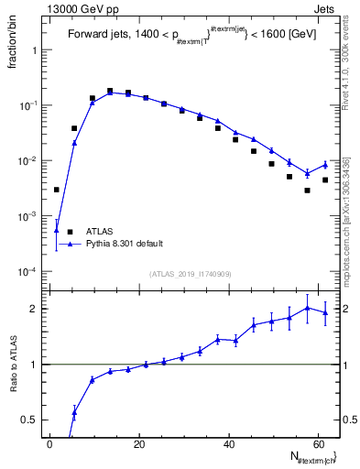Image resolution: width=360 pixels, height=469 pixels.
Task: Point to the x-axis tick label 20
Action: (x=138, y=444)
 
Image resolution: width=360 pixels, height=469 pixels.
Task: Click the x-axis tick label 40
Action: (x=228, y=444)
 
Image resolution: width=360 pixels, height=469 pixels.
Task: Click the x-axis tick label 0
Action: (x=49, y=444)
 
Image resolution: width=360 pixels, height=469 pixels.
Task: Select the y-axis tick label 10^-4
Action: (x=31, y=271)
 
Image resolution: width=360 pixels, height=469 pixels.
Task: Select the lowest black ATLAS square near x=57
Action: (x=308, y=191)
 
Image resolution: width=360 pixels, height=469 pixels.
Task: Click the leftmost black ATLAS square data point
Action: (x=57, y=190)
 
